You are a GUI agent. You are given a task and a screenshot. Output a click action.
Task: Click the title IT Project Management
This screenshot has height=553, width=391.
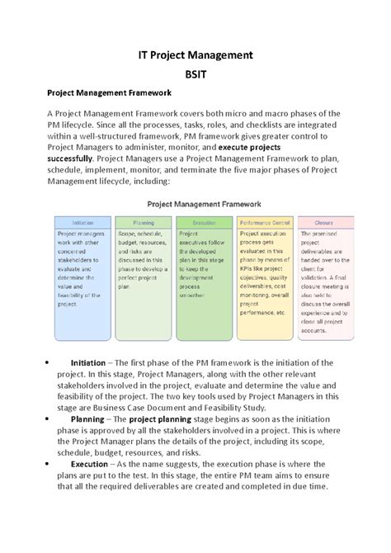pos(195,57)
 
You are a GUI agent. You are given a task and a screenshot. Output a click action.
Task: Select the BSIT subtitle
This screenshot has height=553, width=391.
pos(195,83)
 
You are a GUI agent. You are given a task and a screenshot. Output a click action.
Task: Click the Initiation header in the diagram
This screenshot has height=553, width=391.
pos(83,223)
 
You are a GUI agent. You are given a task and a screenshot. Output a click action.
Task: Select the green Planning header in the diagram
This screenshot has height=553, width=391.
pos(144,223)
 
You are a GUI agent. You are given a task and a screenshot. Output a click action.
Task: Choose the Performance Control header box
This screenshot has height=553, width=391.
pos(264,223)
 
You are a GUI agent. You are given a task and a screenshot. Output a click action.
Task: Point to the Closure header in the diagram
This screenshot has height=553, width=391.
pos(324,223)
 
